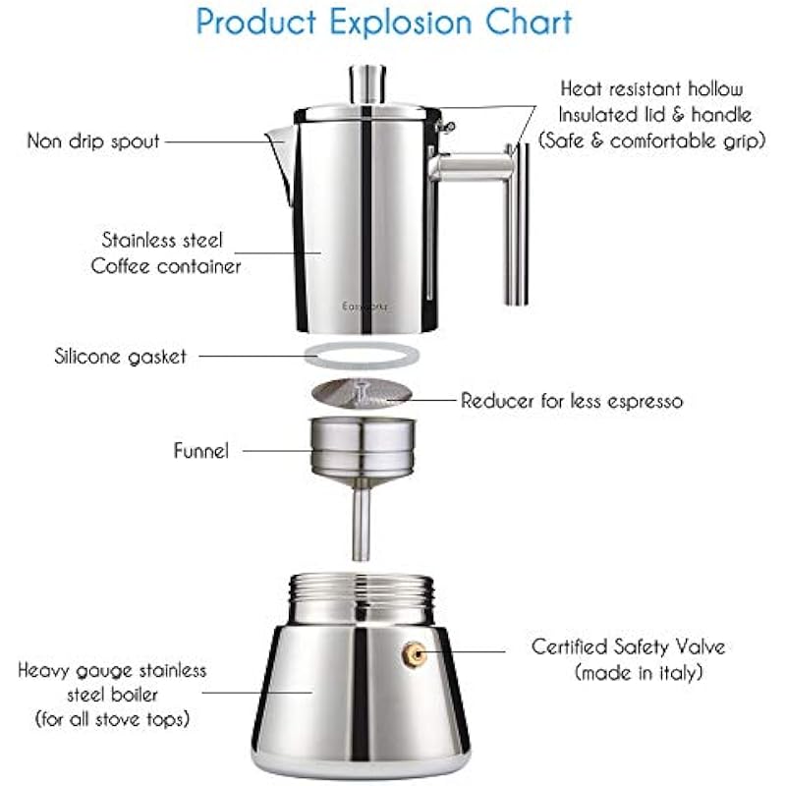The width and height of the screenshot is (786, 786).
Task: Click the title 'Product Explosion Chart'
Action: pyautogui.click(x=383, y=22)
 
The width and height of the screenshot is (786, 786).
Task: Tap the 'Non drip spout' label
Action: pyautogui.click(x=93, y=140)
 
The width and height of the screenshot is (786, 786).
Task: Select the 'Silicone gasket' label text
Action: pyautogui.click(x=120, y=357)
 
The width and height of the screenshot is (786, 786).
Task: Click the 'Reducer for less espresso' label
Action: pyautogui.click(x=572, y=401)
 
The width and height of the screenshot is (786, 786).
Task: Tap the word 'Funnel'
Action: pyautogui.click(x=201, y=450)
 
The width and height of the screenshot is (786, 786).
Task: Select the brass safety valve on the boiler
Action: pyautogui.click(x=415, y=654)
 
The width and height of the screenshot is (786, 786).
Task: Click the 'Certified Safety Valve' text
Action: pyautogui.click(x=628, y=646)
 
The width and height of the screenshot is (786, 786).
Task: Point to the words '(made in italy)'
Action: pyautogui.click(x=638, y=672)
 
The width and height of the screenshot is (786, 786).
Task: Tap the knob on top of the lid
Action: pyautogui.click(x=367, y=84)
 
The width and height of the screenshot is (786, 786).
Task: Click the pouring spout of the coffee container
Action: pyautogui.click(x=282, y=160)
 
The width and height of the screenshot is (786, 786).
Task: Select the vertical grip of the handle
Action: pyautogui.click(x=516, y=224)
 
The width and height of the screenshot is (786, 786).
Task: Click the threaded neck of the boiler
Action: pyautogui.click(x=362, y=599)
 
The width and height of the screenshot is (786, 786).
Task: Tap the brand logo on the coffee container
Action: pyautogui.click(x=365, y=307)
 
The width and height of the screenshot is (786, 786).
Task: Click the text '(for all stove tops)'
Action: pyautogui.click(x=112, y=719)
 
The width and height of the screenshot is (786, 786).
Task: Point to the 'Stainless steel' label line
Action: pyautogui.click(x=162, y=240)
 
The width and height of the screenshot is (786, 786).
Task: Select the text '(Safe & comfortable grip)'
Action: pyautogui.click(x=651, y=140)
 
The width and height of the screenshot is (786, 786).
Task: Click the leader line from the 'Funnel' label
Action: pyautogui.click(x=277, y=451)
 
